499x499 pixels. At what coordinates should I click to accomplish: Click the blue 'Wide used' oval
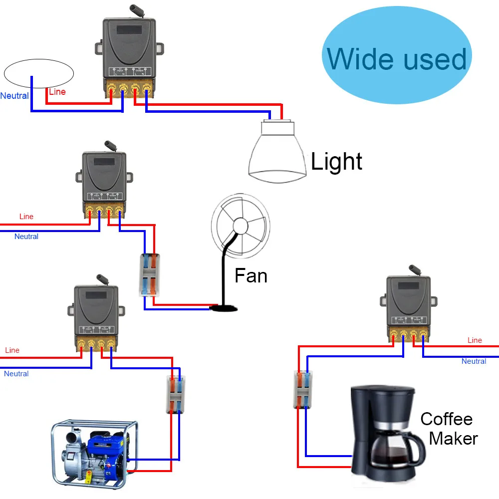pos(397,59)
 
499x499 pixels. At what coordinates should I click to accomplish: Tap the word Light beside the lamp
pos(336,162)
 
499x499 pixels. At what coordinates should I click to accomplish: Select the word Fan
pos(251,275)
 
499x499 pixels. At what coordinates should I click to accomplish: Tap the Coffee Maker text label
pos(448,428)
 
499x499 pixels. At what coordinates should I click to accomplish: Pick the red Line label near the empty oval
pos(57,92)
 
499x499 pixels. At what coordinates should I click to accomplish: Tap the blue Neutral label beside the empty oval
pos(14,96)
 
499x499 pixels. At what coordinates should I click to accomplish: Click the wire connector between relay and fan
pos(150,275)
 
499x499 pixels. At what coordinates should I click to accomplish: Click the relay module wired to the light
pos(129,50)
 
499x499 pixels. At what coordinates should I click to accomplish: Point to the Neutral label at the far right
pos(474,361)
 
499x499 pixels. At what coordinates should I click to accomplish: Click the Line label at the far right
pos(475,340)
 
